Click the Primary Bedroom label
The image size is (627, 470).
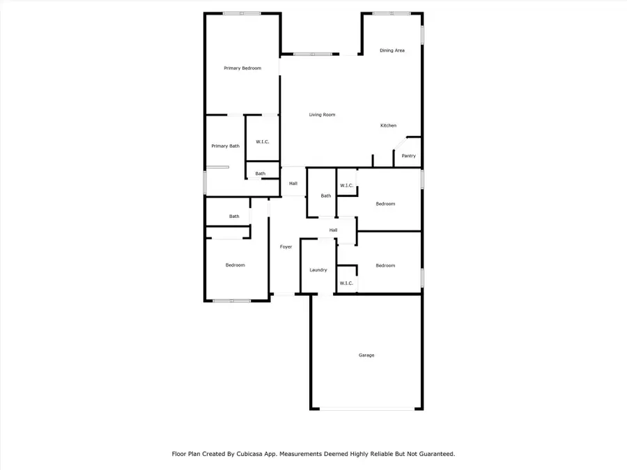[242, 68]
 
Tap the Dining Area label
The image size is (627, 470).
[392, 51]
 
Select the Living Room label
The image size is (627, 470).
[322, 115]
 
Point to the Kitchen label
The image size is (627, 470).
[388, 126]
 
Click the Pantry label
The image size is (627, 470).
[408, 156]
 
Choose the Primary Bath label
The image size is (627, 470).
[225, 146]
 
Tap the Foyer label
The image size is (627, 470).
[286, 247]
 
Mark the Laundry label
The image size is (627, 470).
[318, 270]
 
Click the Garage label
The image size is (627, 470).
[366, 355]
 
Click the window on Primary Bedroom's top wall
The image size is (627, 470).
[242, 13]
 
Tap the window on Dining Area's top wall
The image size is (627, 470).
[391, 13]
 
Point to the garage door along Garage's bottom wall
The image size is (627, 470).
[366, 409]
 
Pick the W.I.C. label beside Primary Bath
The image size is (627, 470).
[262, 142]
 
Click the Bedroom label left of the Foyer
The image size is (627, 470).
[235, 265]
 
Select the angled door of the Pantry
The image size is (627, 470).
[400, 143]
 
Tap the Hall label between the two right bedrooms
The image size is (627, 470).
[333, 230]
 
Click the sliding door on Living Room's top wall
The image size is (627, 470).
[312, 54]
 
